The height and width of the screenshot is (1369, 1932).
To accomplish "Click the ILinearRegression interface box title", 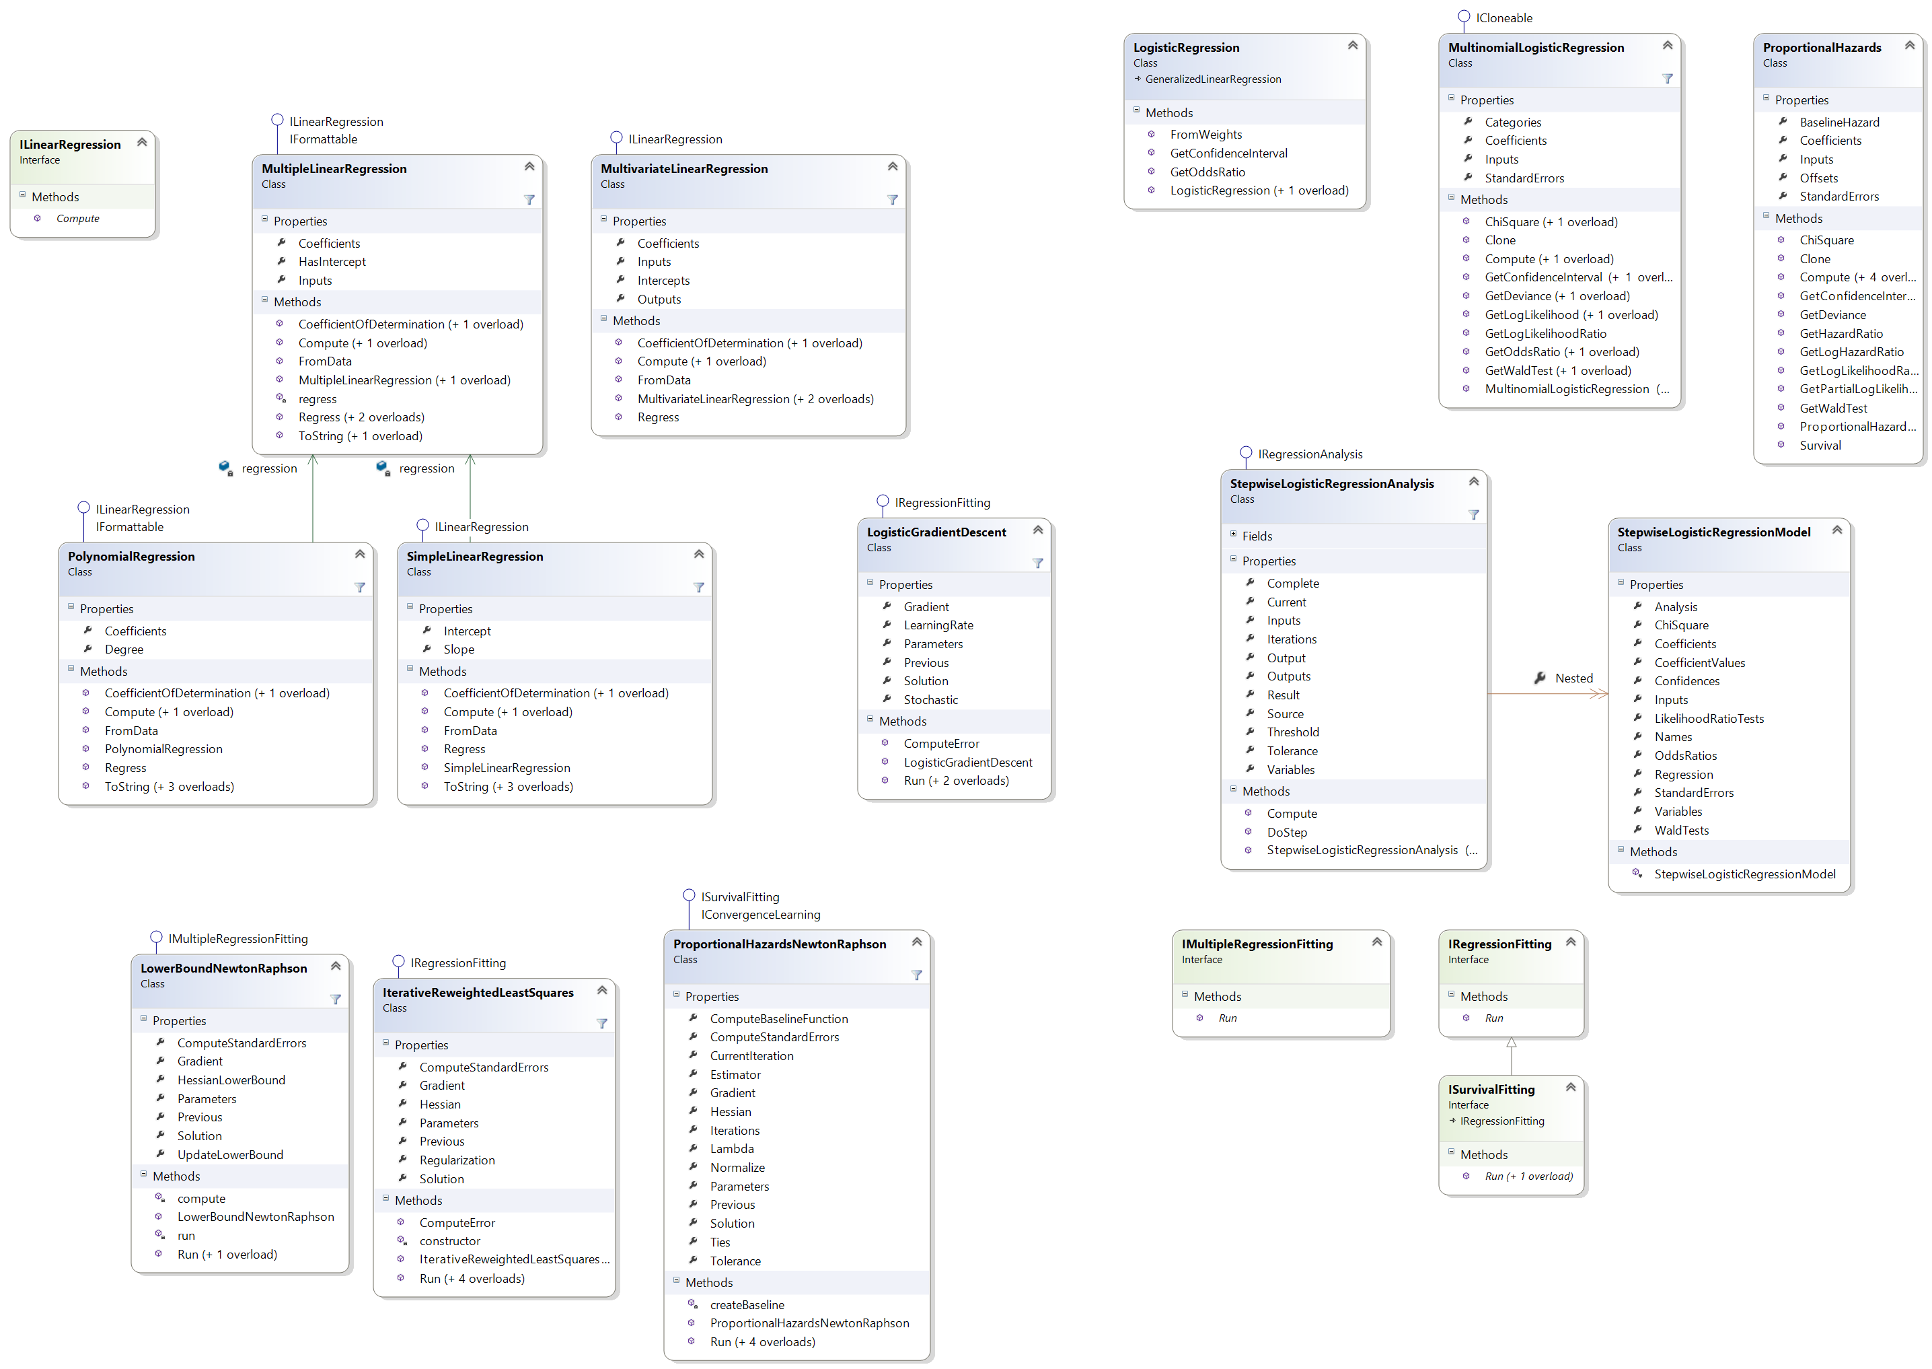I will click(70, 144).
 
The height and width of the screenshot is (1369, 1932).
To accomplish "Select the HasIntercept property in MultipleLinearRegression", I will click(331, 261).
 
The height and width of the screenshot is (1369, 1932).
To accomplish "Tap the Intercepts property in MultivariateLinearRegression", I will click(663, 280).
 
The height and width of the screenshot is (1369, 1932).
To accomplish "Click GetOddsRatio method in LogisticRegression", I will click(1207, 172).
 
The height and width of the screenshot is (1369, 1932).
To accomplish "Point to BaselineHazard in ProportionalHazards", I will click(1838, 122).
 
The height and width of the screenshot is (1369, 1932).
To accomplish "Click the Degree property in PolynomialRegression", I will click(124, 649).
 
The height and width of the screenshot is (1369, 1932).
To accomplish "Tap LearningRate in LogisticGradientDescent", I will click(938, 625).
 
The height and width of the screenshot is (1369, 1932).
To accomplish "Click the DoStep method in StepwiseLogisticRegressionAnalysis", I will click(1287, 832).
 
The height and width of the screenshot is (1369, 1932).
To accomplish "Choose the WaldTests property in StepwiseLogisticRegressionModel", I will click(1681, 831).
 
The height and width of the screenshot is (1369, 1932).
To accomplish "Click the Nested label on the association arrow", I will click(1573, 678).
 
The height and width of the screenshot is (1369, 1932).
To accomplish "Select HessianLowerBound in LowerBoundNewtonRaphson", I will click(231, 1080).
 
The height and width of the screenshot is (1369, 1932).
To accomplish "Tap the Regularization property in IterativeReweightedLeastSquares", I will click(457, 1160).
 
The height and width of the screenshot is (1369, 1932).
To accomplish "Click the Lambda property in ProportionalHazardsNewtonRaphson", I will click(731, 1148).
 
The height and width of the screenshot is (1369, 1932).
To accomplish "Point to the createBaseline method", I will click(747, 1305).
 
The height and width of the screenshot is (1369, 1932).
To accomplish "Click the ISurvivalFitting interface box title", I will click(1491, 1089).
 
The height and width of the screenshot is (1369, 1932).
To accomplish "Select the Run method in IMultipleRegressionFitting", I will click(1227, 1018).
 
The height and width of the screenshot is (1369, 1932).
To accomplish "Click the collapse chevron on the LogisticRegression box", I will click(1352, 46).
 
